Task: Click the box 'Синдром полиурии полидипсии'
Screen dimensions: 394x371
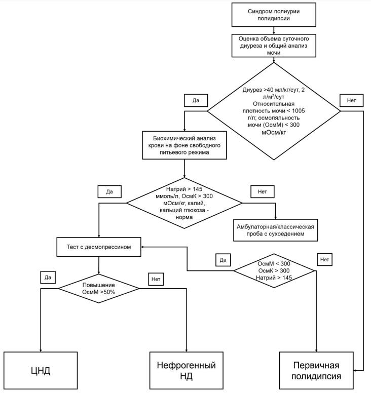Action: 274,14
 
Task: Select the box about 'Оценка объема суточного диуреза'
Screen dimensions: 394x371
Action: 274,45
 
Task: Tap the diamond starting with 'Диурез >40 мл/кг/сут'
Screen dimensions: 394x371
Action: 274,111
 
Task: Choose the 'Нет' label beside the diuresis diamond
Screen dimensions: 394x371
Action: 351,100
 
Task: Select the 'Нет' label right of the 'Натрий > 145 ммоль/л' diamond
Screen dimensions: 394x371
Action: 263,192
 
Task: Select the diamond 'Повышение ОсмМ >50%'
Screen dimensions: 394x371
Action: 98,288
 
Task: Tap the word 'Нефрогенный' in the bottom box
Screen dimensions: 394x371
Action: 187,365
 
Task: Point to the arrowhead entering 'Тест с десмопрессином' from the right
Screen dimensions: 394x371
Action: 143,247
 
